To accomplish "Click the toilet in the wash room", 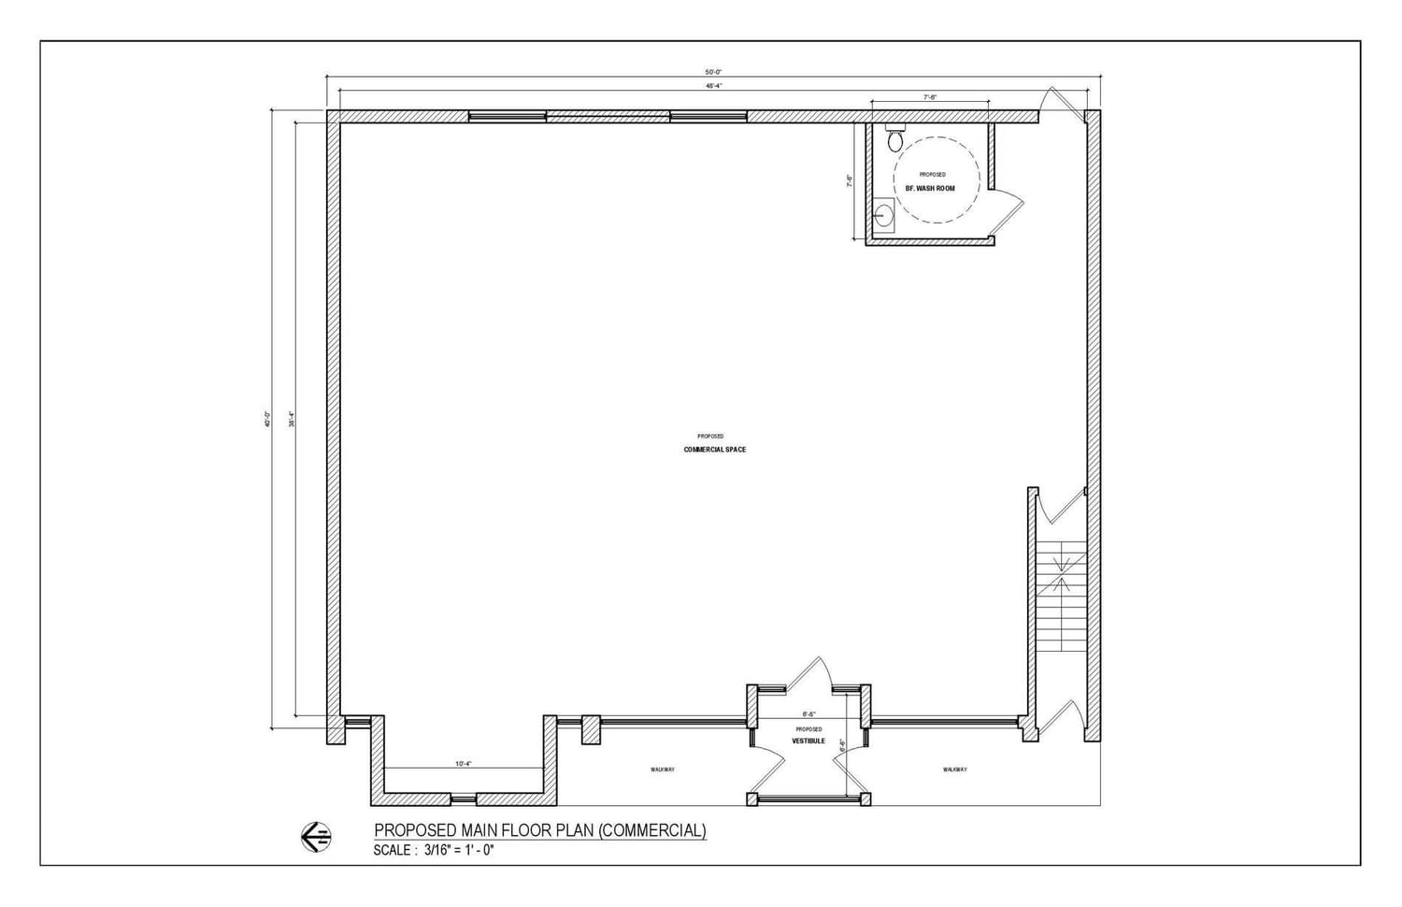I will [x=894, y=139].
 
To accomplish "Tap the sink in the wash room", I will [x=884, y=216].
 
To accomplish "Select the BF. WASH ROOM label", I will [x=930, y=189].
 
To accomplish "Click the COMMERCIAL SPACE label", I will [x=715, y=450].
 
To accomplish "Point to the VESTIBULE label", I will [x=808, y=741].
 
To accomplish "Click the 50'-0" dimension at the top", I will [x=713, y=71].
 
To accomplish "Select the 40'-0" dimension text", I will [x=267, y=420].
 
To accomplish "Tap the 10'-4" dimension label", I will [x=464, y=764].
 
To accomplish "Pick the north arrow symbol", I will [x=317, y=836].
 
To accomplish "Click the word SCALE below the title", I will [x=392, y=851].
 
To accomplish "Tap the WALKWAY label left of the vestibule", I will [x=663, y=770].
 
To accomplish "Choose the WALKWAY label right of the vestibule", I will [x=954, y=770].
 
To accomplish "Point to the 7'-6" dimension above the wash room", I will [x=930, y=96].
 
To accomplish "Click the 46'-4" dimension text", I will [x=713, y=86].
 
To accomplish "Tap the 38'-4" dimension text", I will [x=292, y=420].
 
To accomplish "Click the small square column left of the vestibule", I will [x=591, y=729].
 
